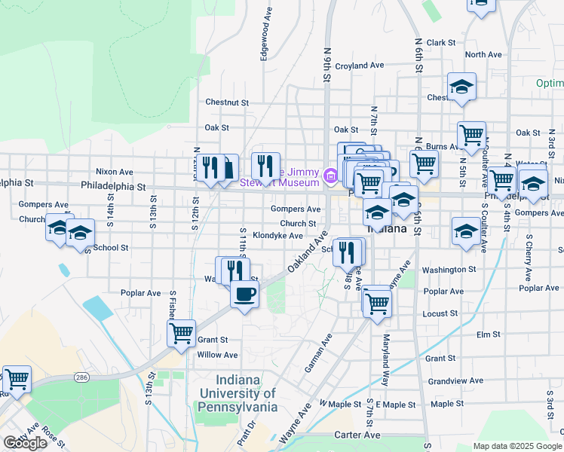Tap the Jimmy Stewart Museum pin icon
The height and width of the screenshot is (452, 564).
[x=330, y=176]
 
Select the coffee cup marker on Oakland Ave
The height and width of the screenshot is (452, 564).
[x=244, y=294]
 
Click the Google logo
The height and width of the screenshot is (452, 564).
[x=26, y=443]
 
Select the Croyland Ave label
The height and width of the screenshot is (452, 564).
[x=360, y=66]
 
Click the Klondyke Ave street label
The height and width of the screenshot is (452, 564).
[x=277, y=236]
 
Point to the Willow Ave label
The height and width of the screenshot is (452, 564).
[x=217, y=355]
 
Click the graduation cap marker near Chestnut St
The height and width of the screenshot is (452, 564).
[x=461, y=89]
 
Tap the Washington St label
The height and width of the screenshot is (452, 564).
[x=449, y=269]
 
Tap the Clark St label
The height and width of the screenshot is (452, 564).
[x=441, y=44]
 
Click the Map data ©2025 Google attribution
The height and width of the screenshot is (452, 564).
[x=516, y=446]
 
